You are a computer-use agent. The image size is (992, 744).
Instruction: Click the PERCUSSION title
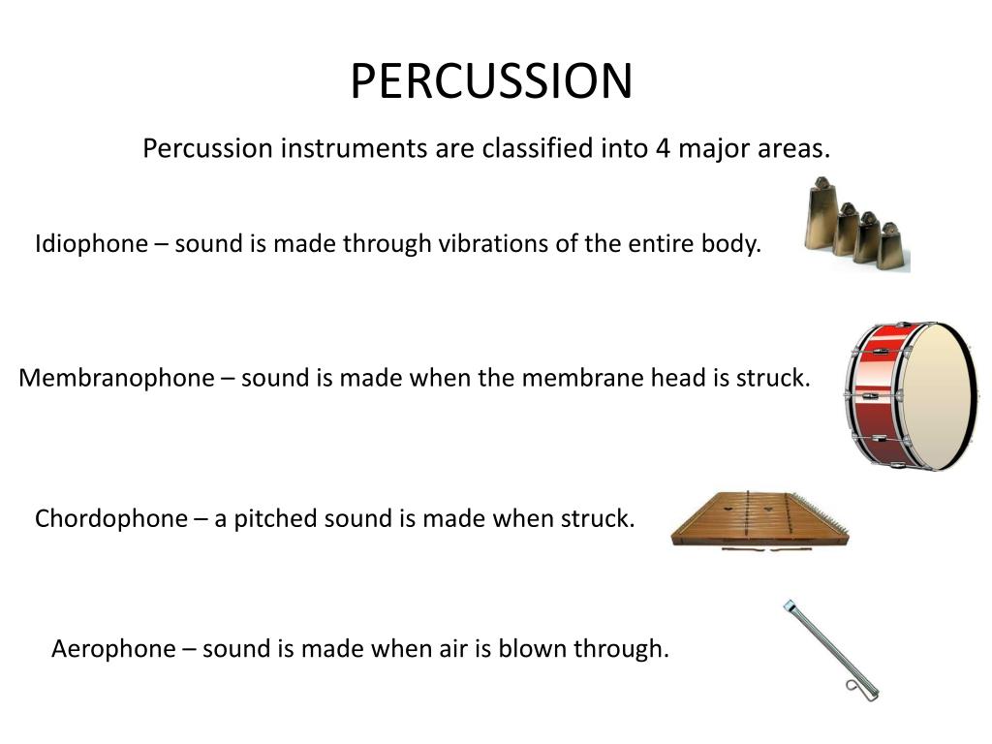491,81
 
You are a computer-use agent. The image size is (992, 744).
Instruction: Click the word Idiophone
91,243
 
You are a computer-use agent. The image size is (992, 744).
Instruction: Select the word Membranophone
116,378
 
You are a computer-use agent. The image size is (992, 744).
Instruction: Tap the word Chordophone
111,518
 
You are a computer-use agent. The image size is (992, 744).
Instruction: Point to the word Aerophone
114,648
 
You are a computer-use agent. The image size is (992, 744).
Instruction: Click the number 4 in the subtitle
663,148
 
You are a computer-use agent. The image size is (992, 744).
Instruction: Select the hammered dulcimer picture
759,520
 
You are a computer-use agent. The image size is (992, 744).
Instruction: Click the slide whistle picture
830,650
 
